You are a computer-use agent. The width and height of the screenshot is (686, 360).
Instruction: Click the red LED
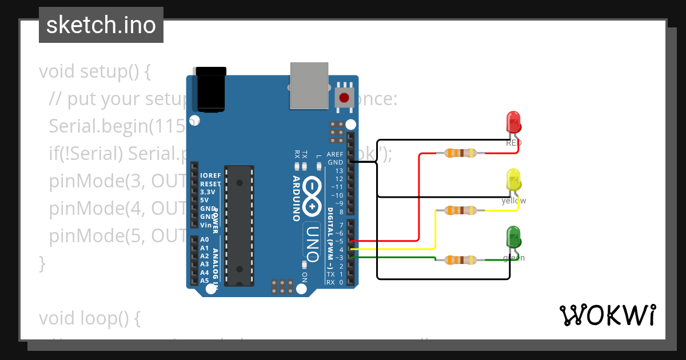coord(513,122)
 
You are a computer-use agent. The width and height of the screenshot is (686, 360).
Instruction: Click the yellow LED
coord(513,179)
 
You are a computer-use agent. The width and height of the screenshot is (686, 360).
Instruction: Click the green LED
coord(513,237)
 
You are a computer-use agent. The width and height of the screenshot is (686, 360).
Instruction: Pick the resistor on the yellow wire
coord(460,210)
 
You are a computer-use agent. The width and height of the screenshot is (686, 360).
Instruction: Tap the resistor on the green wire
coord(460,261)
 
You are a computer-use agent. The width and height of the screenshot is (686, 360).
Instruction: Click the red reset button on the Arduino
coord(344,98)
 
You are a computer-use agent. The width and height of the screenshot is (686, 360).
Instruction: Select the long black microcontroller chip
coord(239,226)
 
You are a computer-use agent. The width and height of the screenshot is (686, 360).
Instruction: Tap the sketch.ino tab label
coord(101,25)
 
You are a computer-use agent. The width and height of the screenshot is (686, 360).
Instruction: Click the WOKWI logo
coord(607,315)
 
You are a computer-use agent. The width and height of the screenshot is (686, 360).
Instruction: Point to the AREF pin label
coord(334,154)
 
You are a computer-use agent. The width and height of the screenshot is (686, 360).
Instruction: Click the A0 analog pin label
coord(205,240)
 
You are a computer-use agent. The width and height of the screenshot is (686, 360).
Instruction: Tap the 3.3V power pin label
coord(208,192)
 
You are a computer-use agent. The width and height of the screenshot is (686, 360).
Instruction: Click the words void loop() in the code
coord(90,318)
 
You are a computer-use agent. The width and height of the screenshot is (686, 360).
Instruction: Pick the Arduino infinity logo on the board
coord(312,196)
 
